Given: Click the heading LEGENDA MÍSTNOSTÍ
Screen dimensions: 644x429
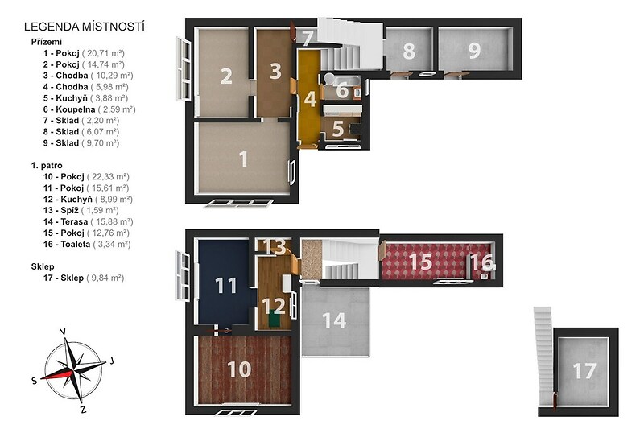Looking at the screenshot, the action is [85, 27].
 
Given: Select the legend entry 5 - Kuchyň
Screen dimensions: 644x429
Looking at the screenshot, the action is [65, 98].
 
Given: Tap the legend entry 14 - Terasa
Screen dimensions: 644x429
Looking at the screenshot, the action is [65, 221].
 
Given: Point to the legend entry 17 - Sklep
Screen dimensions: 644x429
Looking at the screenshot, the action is [64, 278].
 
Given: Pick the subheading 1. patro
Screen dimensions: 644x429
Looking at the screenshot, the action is [47, 166].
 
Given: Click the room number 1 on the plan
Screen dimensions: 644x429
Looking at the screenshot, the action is [243, 159].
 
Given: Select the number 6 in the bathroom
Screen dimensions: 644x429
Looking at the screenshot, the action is [342, 90].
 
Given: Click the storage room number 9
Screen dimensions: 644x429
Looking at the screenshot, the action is [474, 51].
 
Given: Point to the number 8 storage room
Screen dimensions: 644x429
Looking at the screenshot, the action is [409, 51].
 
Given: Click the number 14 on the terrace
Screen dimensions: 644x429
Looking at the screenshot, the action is [334, 320].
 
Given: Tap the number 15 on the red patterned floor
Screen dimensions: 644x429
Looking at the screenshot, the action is [420, 262].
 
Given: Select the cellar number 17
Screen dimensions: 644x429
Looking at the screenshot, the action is [584, 372].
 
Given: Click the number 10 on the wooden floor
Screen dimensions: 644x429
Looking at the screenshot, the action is [239, 369].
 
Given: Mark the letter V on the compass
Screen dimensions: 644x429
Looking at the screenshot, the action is [64, 332].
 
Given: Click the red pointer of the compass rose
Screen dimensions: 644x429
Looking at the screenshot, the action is [57, 374].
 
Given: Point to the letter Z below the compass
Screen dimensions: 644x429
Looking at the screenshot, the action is [84, 410].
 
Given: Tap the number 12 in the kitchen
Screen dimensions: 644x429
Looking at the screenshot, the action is [274, 306].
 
